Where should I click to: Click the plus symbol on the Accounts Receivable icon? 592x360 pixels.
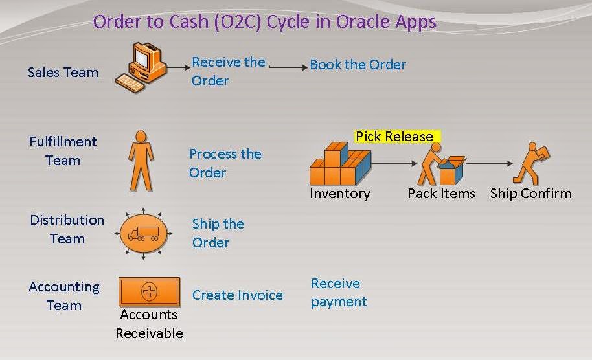149,291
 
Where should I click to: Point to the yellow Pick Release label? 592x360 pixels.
396,137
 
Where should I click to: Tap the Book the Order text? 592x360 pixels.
358,65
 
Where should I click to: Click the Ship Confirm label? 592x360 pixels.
530,194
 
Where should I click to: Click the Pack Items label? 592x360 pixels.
441,194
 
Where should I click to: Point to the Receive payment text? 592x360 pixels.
339,293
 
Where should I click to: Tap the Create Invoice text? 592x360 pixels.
237,295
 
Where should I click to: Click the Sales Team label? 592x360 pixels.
63,72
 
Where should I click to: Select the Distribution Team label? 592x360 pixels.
67,229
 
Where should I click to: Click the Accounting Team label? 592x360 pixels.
64,296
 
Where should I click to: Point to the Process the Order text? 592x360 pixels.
225,163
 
